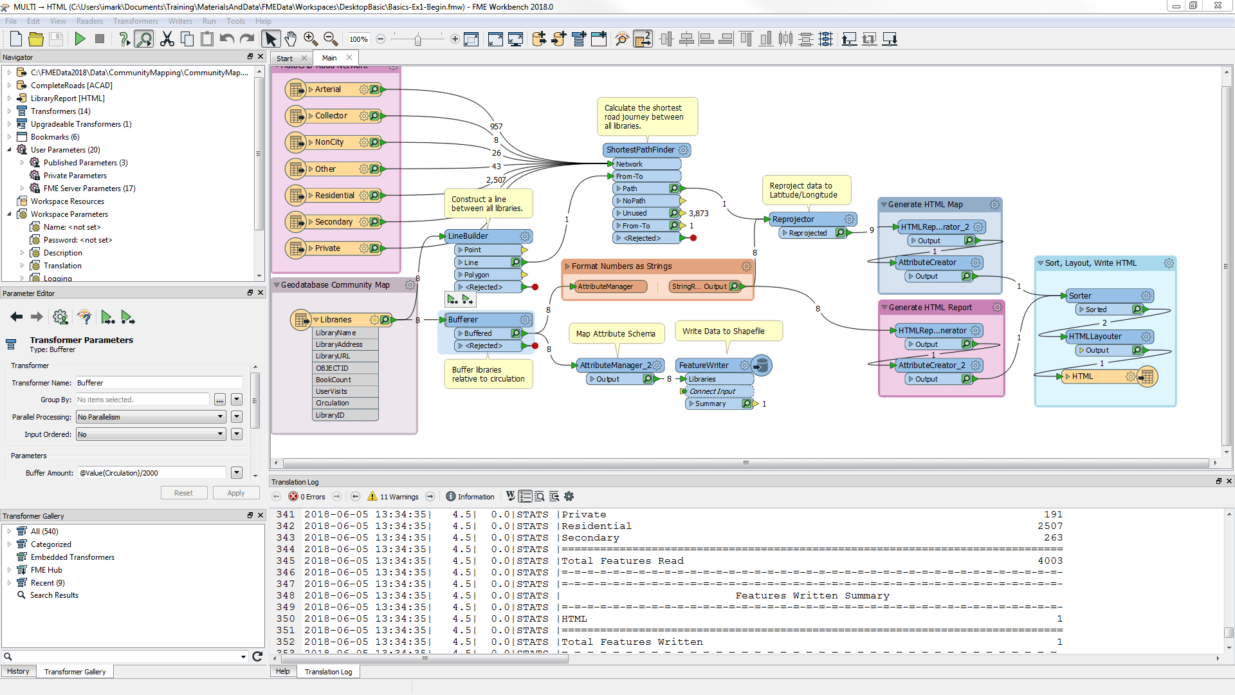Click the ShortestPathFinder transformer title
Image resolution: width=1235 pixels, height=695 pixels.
coord(640,150)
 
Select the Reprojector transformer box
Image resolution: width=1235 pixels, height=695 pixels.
coord(793,219)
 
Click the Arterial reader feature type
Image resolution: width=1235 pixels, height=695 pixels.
coord(328,89)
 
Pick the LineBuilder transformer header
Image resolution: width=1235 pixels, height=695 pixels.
coord(468,236)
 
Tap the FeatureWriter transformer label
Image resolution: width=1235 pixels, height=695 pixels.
coord(704,366)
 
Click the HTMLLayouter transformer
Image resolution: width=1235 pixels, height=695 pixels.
coord(1095,337)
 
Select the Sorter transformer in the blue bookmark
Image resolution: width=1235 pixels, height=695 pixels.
coord(1081,296)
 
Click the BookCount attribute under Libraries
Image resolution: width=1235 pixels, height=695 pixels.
coord(333,380)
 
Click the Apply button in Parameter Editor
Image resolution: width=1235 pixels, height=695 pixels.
coord(235,493)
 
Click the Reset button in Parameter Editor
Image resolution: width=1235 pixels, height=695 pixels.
coord(183,493)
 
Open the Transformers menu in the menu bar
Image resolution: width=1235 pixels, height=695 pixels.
coord(135,21)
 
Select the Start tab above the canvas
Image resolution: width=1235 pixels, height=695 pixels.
coord(284,58)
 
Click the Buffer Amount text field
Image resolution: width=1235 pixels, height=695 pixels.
coord(151,473)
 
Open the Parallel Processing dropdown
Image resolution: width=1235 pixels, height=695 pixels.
coord(151,417)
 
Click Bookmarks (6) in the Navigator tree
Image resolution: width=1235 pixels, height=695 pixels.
coord(55,137)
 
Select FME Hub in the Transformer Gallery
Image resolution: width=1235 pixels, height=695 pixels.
coord(46,570)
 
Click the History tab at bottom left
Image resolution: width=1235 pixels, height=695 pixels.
coord(18,671)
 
